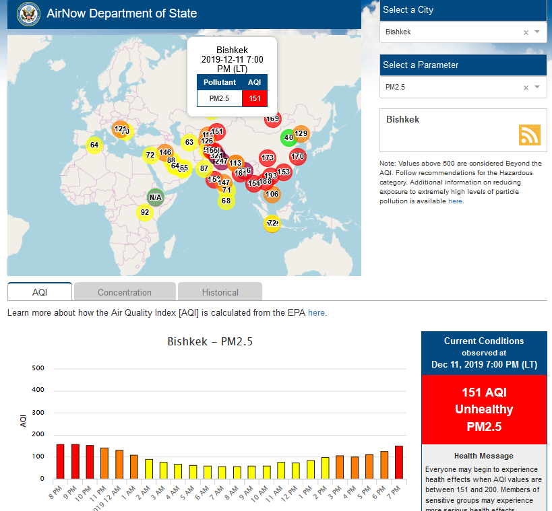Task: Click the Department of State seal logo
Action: [x=28, y=13]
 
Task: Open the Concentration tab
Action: [x=125, y=292]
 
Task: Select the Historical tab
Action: [x=220, y=292]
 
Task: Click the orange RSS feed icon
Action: [x=529, y=135]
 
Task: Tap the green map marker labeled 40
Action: [x=288, y=137]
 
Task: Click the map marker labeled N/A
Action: [x=156, y=197]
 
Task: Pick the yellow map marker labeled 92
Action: [x=144, y=213]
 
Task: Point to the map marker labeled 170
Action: [x=298, y=157]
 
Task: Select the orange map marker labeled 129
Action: [x=301, y=133]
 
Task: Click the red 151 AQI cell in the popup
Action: [x=254, y=98]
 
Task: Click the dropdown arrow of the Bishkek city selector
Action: [x=537, y=32]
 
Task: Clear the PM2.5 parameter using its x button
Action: [x=526, y=88]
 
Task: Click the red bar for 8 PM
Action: [x=60, y=461]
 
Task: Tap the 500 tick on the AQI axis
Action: [x=38, y=368]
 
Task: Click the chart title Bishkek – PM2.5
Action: [x=210, y=342]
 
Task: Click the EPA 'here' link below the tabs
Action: [x=316, y=313]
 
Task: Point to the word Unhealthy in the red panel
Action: [x=483, y=409]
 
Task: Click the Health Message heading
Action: [x=483, y=456]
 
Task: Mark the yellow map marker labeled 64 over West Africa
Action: [x=94, y=145]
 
